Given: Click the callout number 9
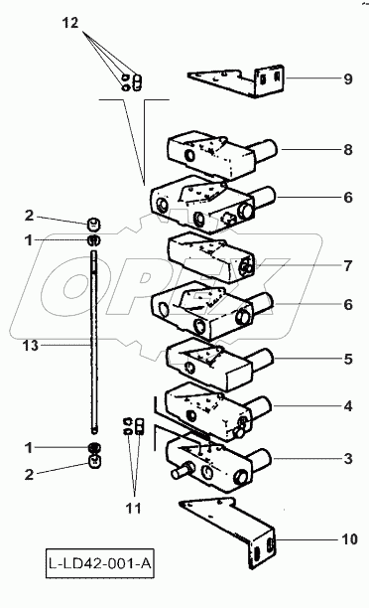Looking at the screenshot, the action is coord(348,79).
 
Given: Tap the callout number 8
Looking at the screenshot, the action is coord(348,149).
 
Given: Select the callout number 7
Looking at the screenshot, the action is coord(348,266).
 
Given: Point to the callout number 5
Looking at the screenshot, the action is coord(348,359).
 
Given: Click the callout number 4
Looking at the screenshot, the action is coord(348,406).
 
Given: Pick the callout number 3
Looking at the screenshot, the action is coord(348,459).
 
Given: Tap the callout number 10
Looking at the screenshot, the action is coord(349,539).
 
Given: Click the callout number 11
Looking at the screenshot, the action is coord(134,508).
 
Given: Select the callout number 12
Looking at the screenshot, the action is coord(70,23).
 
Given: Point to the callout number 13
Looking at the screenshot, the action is coord(31,345).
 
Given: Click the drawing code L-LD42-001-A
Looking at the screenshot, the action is coord(100,563).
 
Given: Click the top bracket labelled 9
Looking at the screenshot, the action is coord(237,81).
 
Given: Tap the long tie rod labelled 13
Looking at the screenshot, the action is coord(94,343).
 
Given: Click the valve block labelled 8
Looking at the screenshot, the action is coord(220,153).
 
